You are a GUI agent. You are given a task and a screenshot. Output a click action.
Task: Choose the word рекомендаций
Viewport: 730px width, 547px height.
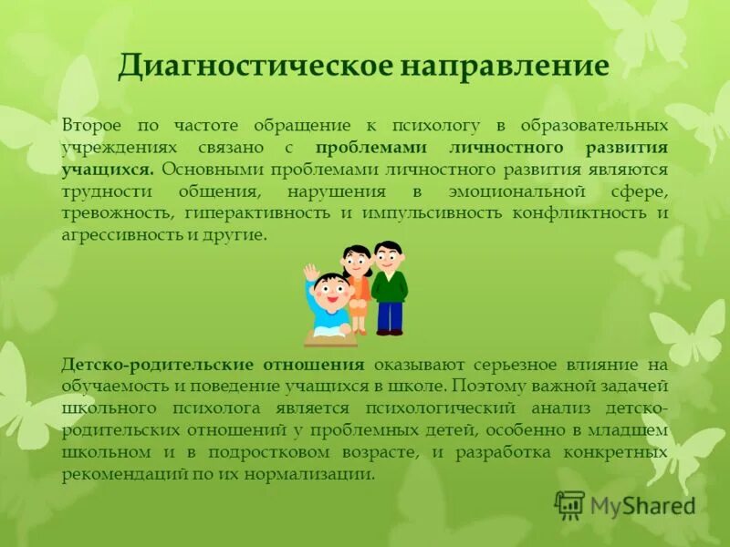point(122,475)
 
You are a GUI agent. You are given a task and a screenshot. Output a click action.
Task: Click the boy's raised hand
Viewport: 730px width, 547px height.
point(310,273)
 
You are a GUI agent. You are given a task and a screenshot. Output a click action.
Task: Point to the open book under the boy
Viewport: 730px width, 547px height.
point(330,338)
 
